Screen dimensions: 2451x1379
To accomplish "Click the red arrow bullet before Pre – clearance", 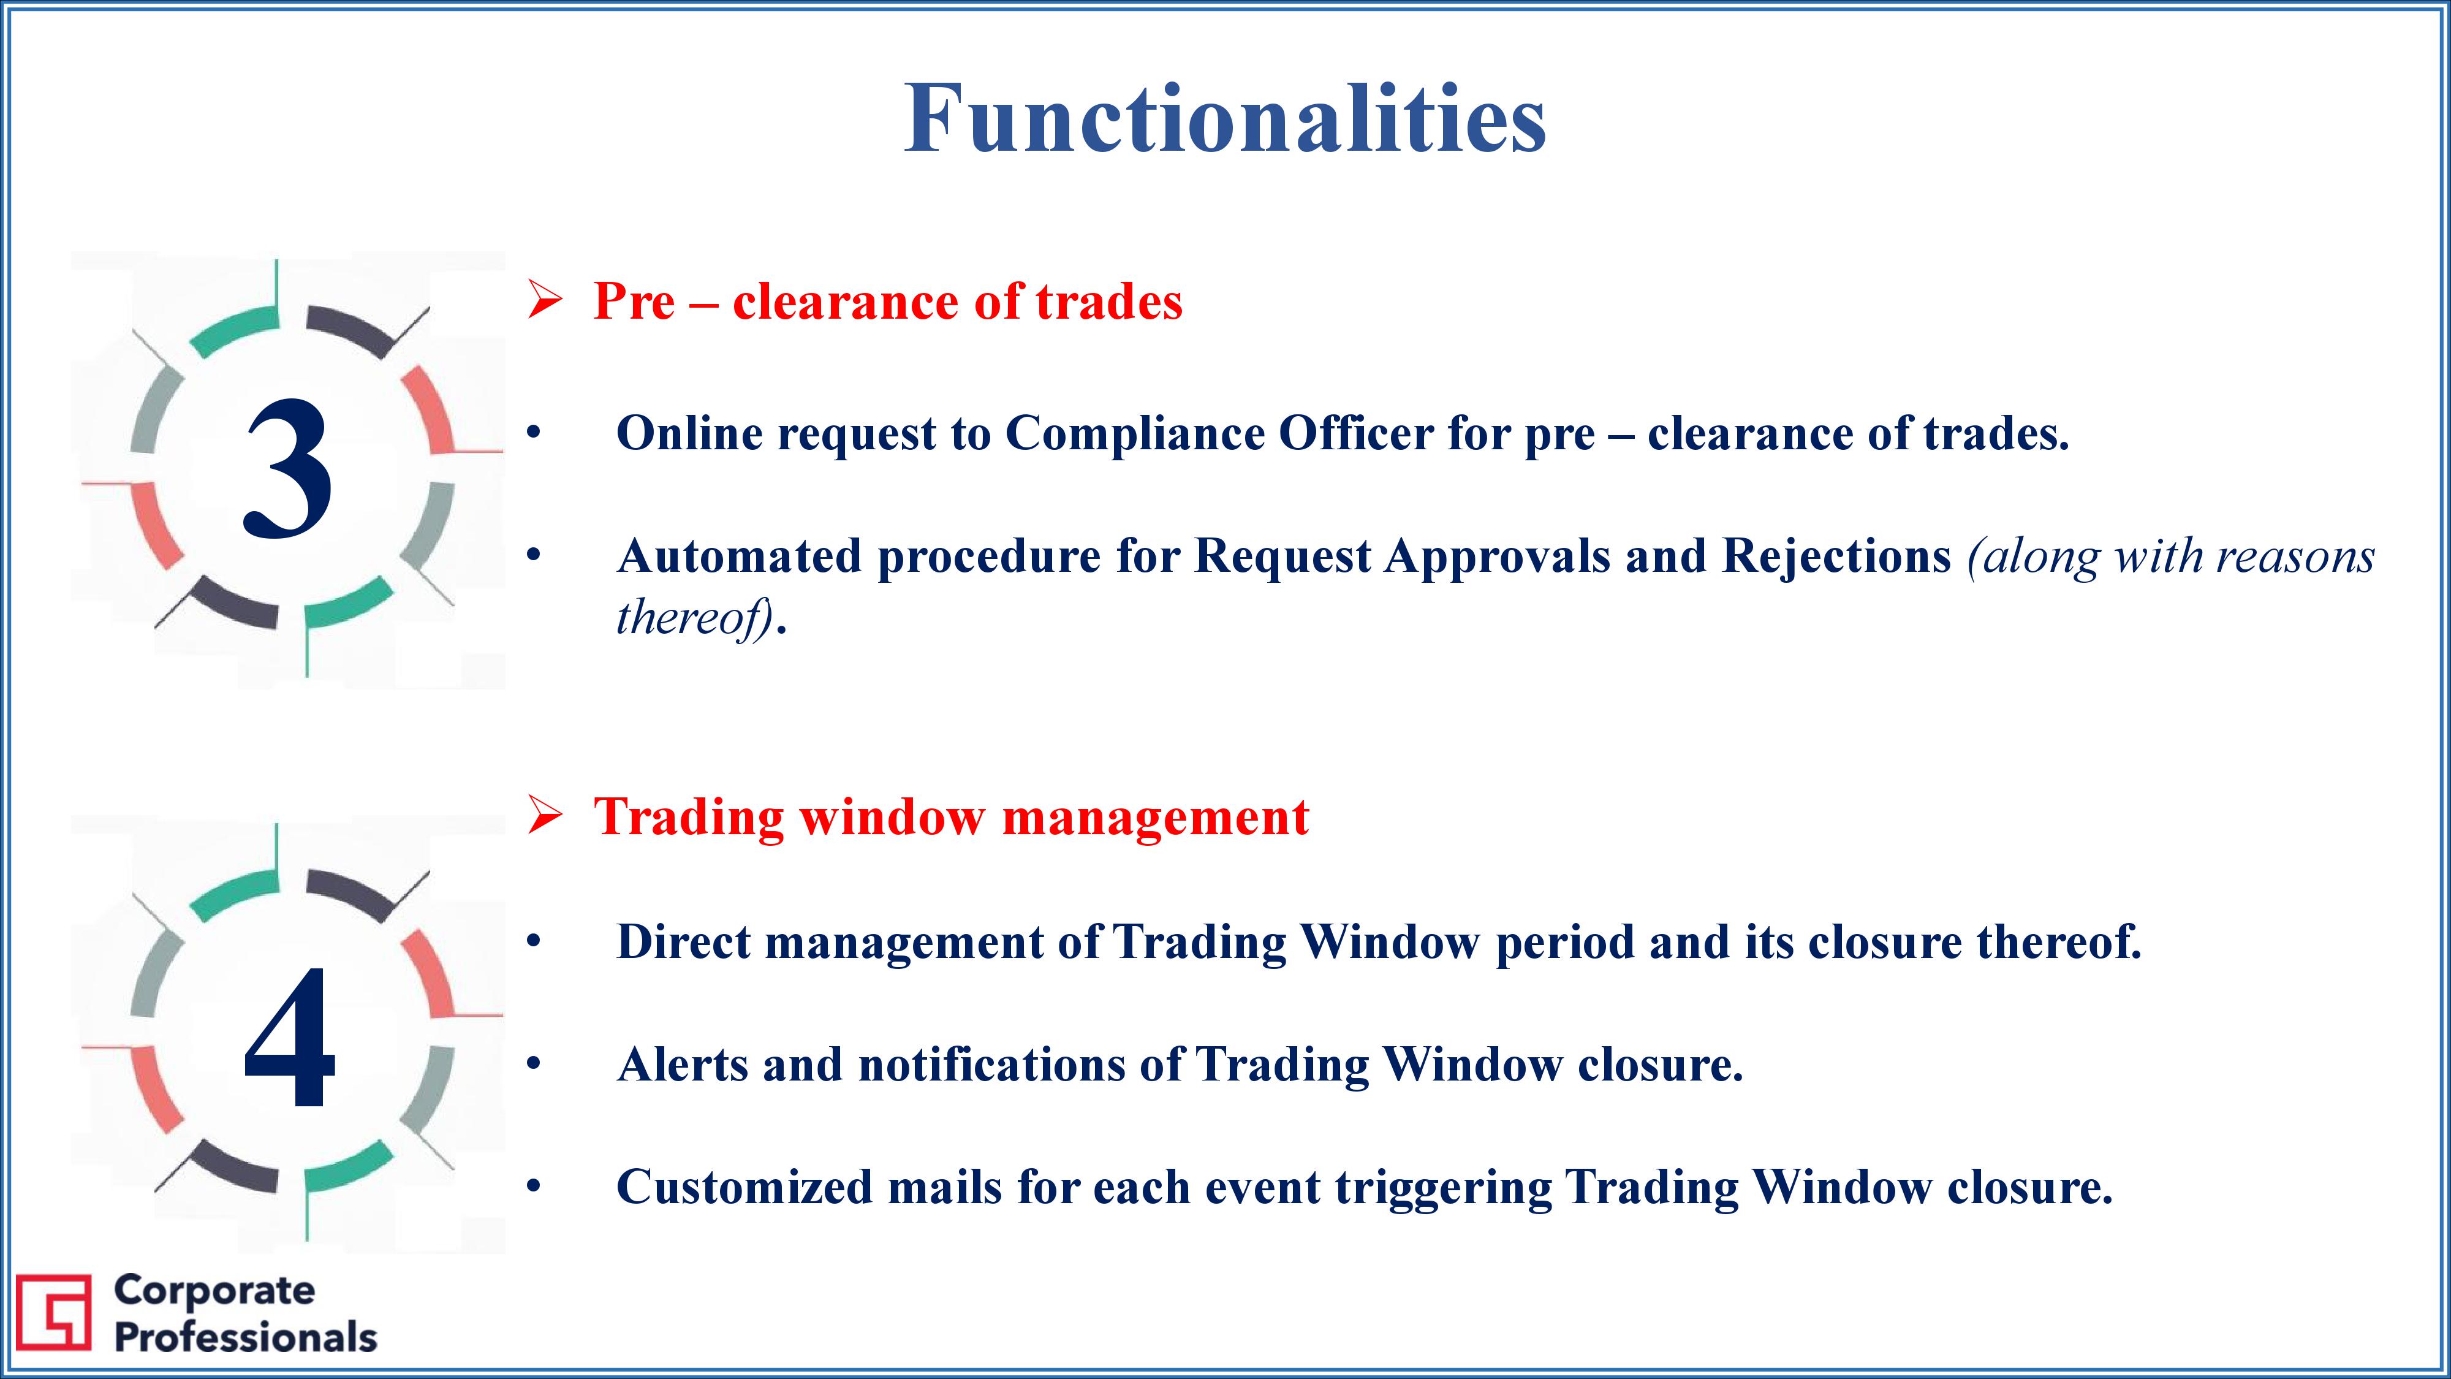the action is [545, 302].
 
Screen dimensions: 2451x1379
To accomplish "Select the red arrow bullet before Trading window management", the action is [545, 816].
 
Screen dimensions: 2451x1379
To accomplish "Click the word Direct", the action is [683, 942].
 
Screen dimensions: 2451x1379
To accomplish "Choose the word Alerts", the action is [682, 1065].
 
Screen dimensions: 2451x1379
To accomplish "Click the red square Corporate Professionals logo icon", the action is [53, 1312].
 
